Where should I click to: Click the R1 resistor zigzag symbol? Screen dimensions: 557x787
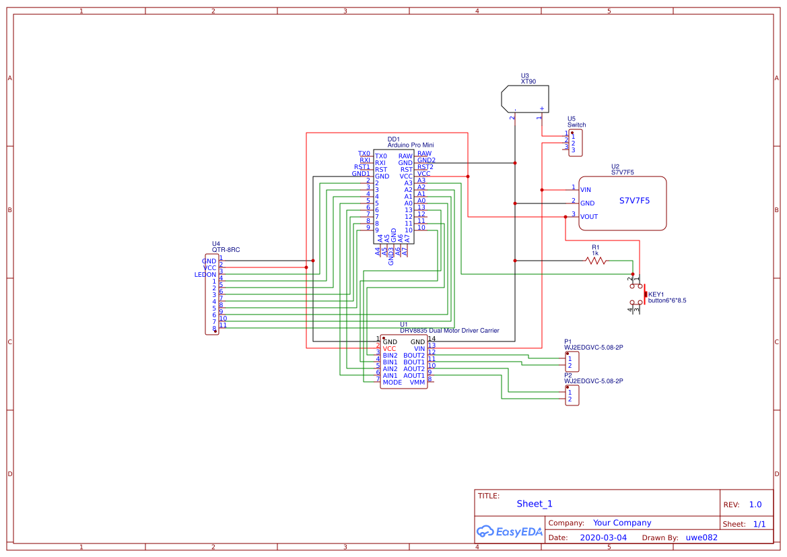pyautogui.click(x=596, y=261)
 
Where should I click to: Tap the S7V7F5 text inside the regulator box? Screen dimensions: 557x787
pyautogui.click(x=634, y=201)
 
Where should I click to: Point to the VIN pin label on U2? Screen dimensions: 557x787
pyautogui.click(x=586, y=190)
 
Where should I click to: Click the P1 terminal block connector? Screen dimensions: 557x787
pyautogui.click(x=572, y=362)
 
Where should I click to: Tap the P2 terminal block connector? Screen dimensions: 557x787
pyautogui.click(x=572, y=395)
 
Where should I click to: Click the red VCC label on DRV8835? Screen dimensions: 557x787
pyautogui.click(x=390, y=348)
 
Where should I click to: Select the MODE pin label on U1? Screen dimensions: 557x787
pyautogui.click(x=392, y=383)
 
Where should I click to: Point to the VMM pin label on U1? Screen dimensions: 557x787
pyautogui.click(x=417, y=383)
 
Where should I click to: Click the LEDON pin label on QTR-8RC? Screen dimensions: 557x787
pyautogui.click(x=205, y=275)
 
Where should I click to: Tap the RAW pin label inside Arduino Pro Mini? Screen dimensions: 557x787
pyautogui.click(x=405, y=156)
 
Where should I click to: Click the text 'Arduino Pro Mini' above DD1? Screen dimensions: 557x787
pyautogui.click(x=411, y=145)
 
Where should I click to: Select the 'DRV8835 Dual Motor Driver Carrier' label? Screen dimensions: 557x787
pyautogui.click(x=450, y=331)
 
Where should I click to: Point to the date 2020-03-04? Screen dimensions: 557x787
pyautogui.click(x=603, y=537)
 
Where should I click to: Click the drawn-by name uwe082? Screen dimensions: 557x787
pyautogui.click(x=702, y=537)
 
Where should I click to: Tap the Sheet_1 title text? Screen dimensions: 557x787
pyautogui.click(x=535, y=504)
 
